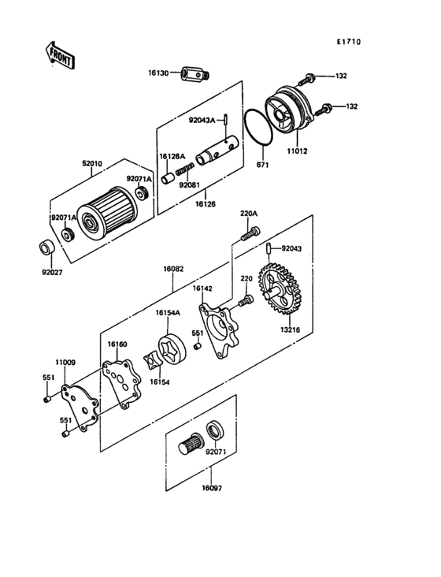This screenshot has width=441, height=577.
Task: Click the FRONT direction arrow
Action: [60, 55]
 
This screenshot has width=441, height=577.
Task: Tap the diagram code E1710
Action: [349, 42]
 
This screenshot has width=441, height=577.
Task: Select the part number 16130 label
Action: [158, 73]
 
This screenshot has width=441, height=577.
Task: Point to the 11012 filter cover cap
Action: [289, 110]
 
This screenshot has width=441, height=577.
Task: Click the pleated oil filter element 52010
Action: [108, 213]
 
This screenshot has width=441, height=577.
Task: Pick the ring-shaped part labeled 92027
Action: [46, 247]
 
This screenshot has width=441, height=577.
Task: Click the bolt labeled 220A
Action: [250, 233]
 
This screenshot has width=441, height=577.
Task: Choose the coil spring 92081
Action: [184, 169]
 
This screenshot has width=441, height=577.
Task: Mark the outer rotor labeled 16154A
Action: [172, 348]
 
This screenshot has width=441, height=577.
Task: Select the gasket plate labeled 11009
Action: [80, 408]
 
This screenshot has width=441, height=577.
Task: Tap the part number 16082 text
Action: [173, 269]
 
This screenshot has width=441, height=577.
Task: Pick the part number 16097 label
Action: [212, 488]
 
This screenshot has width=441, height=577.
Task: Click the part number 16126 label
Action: [206, 203]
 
